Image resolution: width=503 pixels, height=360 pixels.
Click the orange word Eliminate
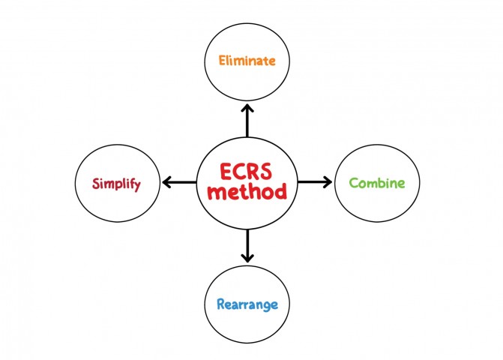[246, 59]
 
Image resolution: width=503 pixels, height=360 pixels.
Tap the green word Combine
[378, 183]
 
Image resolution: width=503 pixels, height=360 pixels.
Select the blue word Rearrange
[247, 304]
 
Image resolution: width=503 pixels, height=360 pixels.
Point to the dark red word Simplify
[116, 184]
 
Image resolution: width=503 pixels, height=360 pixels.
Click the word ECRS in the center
[247, 170]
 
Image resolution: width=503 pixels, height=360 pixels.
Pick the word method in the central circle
[247, 193]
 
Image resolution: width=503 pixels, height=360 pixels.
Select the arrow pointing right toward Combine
[314, 181]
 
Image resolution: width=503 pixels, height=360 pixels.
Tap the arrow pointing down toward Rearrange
[247, 245]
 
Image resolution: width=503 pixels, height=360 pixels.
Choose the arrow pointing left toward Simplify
[180, 182]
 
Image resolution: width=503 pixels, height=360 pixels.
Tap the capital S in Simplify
[96, 184]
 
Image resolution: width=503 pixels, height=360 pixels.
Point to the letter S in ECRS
[277, 170]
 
